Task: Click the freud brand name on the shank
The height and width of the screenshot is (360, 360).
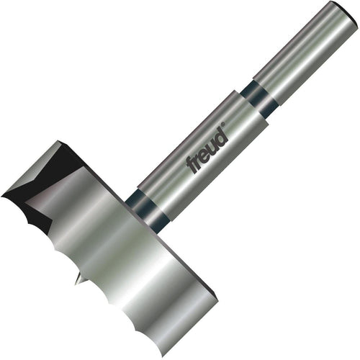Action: (x=207, y=150)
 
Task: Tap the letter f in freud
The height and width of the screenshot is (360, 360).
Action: (x=192, y=166)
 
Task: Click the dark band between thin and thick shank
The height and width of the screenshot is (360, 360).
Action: (x=260, y=98)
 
